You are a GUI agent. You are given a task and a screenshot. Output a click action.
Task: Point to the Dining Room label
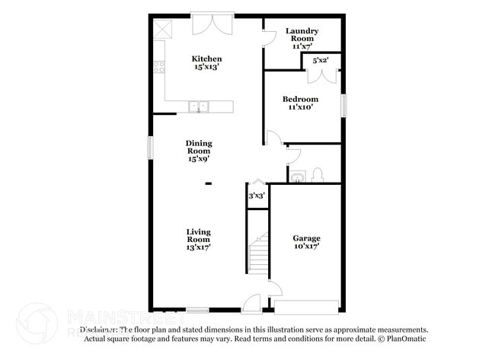click(199, 151)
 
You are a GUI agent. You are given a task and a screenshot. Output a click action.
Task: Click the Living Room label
click(199, 239)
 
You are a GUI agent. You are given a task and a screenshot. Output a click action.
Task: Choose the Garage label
click(307, 242)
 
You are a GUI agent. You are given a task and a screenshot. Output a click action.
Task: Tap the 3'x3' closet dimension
click(257, 196)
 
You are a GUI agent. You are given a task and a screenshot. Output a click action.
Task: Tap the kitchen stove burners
click(159, 67)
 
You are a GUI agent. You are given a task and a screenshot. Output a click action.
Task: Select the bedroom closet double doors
click(321, 75)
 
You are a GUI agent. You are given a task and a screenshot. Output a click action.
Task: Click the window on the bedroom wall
click(343, 105)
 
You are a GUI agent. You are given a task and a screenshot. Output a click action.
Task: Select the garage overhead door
click(306, 307)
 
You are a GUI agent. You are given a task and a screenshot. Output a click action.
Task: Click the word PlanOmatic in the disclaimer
click(406, 339)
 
